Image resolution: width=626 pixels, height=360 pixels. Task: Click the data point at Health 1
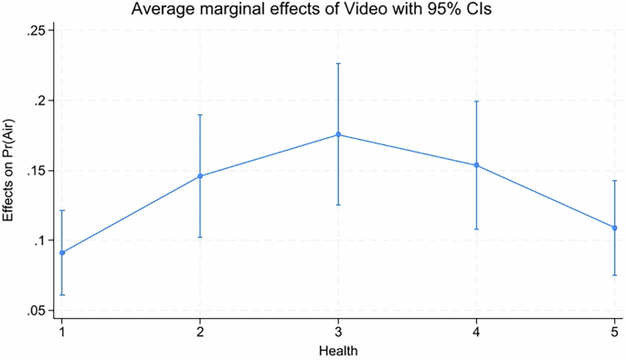click(x=62, y=252)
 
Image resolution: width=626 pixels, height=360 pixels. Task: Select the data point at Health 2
click(x=200, y=176)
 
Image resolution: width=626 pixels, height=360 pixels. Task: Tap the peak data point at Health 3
click(x=338, y=134)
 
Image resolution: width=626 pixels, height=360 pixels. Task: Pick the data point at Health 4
click(x=476, y=165)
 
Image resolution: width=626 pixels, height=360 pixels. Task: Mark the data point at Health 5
click(x=614, y=228)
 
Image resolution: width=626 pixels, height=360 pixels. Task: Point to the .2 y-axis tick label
click(x=43, y=101)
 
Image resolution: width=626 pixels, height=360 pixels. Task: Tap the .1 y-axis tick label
click(x=43, y=241)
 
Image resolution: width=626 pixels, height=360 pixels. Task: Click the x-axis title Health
click(x=338, y=350)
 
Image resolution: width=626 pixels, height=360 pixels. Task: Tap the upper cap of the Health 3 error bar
click(x=338, y=64)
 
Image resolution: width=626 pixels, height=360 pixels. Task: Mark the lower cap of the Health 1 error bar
click(x=62, y=294)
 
